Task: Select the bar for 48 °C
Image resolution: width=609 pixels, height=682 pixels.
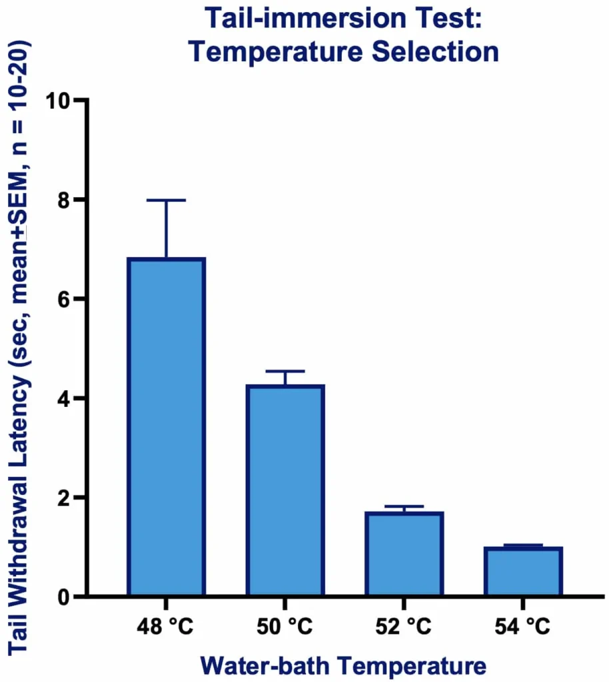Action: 166,426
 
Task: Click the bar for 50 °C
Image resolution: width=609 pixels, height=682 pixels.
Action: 285,490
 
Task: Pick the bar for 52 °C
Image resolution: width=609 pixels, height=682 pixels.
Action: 404,553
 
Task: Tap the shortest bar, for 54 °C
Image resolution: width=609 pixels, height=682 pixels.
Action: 523,571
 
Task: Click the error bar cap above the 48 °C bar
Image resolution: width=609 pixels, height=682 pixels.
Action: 166,200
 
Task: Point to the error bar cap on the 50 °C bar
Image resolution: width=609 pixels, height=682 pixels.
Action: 285,371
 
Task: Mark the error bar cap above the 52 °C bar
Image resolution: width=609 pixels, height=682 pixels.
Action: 404,507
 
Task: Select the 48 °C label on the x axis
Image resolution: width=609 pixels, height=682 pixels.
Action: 166,627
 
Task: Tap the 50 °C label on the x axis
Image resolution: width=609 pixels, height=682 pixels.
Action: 285,627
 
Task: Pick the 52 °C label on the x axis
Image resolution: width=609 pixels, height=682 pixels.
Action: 404,627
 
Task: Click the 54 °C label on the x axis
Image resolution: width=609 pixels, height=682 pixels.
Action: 523,627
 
